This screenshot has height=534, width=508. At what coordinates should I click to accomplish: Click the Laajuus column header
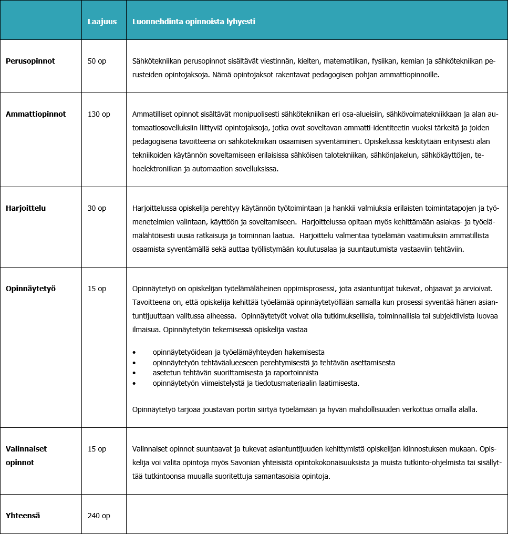[x=102, y=22]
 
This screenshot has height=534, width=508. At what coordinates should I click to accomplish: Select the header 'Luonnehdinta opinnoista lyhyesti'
[x=194, y=22]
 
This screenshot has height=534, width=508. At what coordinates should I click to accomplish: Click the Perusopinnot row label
[x=30, y=61]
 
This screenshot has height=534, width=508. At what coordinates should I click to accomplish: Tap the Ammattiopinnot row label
[x=36, y=114]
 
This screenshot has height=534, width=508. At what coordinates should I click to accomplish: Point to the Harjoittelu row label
[x=26, y=208]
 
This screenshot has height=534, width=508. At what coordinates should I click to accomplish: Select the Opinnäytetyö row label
[x=30, y=289]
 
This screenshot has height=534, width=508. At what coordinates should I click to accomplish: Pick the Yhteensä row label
[x=23, y=516]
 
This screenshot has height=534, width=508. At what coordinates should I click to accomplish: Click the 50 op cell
[x=97, y=61]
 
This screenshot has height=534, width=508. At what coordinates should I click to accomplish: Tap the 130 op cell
[x=99, y=114]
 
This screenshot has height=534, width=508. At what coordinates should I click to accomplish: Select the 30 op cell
[x=97, y=208]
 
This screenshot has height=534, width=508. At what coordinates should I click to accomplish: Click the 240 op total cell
[x=99, y=516]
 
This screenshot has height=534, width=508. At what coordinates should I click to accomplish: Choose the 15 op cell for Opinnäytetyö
[x=97, y=289]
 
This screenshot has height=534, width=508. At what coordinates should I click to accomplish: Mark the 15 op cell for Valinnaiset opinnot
[x=97, y=449]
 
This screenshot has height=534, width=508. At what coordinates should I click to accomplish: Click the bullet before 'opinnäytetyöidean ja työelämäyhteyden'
[x=134, y=352]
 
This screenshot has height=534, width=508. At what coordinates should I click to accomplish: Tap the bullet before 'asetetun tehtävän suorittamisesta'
[x=134, y=373]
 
